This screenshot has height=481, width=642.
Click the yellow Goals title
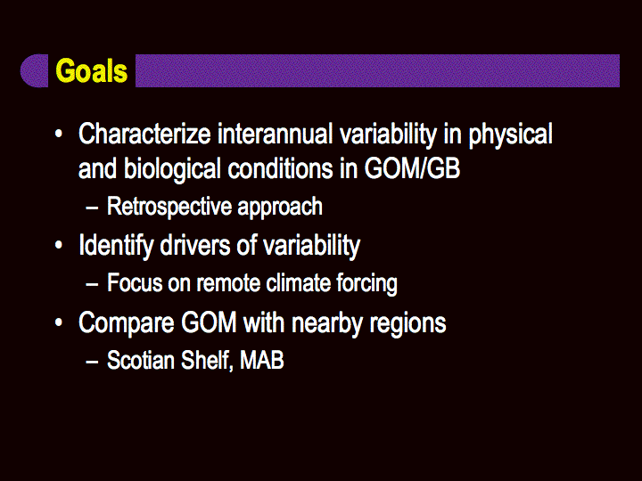91,70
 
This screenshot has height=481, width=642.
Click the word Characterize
144,134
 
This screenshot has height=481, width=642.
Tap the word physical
511,135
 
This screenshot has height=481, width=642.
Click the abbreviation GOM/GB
412,168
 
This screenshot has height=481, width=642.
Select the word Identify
115,247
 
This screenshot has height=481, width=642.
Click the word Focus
135,282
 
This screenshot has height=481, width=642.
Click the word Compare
126,323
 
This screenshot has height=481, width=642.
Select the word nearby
327,323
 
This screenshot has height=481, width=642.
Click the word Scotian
141,360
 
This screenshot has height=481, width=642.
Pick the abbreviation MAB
261,361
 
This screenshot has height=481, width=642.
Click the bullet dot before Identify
59,246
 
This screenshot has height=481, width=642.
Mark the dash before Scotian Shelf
92,362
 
